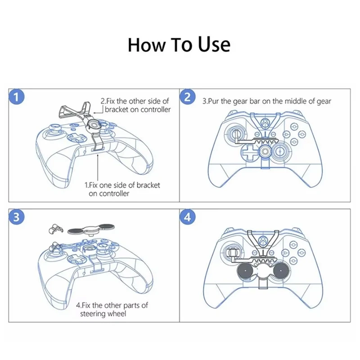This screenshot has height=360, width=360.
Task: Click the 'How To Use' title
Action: [179, 45]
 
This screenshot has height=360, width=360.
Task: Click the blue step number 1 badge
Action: [17, 97]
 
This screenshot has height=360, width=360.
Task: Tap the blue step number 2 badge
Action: [188, 97]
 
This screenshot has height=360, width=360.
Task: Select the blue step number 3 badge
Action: [17, 217]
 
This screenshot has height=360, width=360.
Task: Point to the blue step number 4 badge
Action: [188, 217]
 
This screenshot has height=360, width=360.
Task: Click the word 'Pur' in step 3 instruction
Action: [216, 101]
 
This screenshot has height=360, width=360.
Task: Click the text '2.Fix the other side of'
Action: [135, 101]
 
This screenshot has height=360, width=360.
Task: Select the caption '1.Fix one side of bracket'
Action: [122, 185]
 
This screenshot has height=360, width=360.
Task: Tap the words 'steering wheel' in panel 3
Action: [103, 314]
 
